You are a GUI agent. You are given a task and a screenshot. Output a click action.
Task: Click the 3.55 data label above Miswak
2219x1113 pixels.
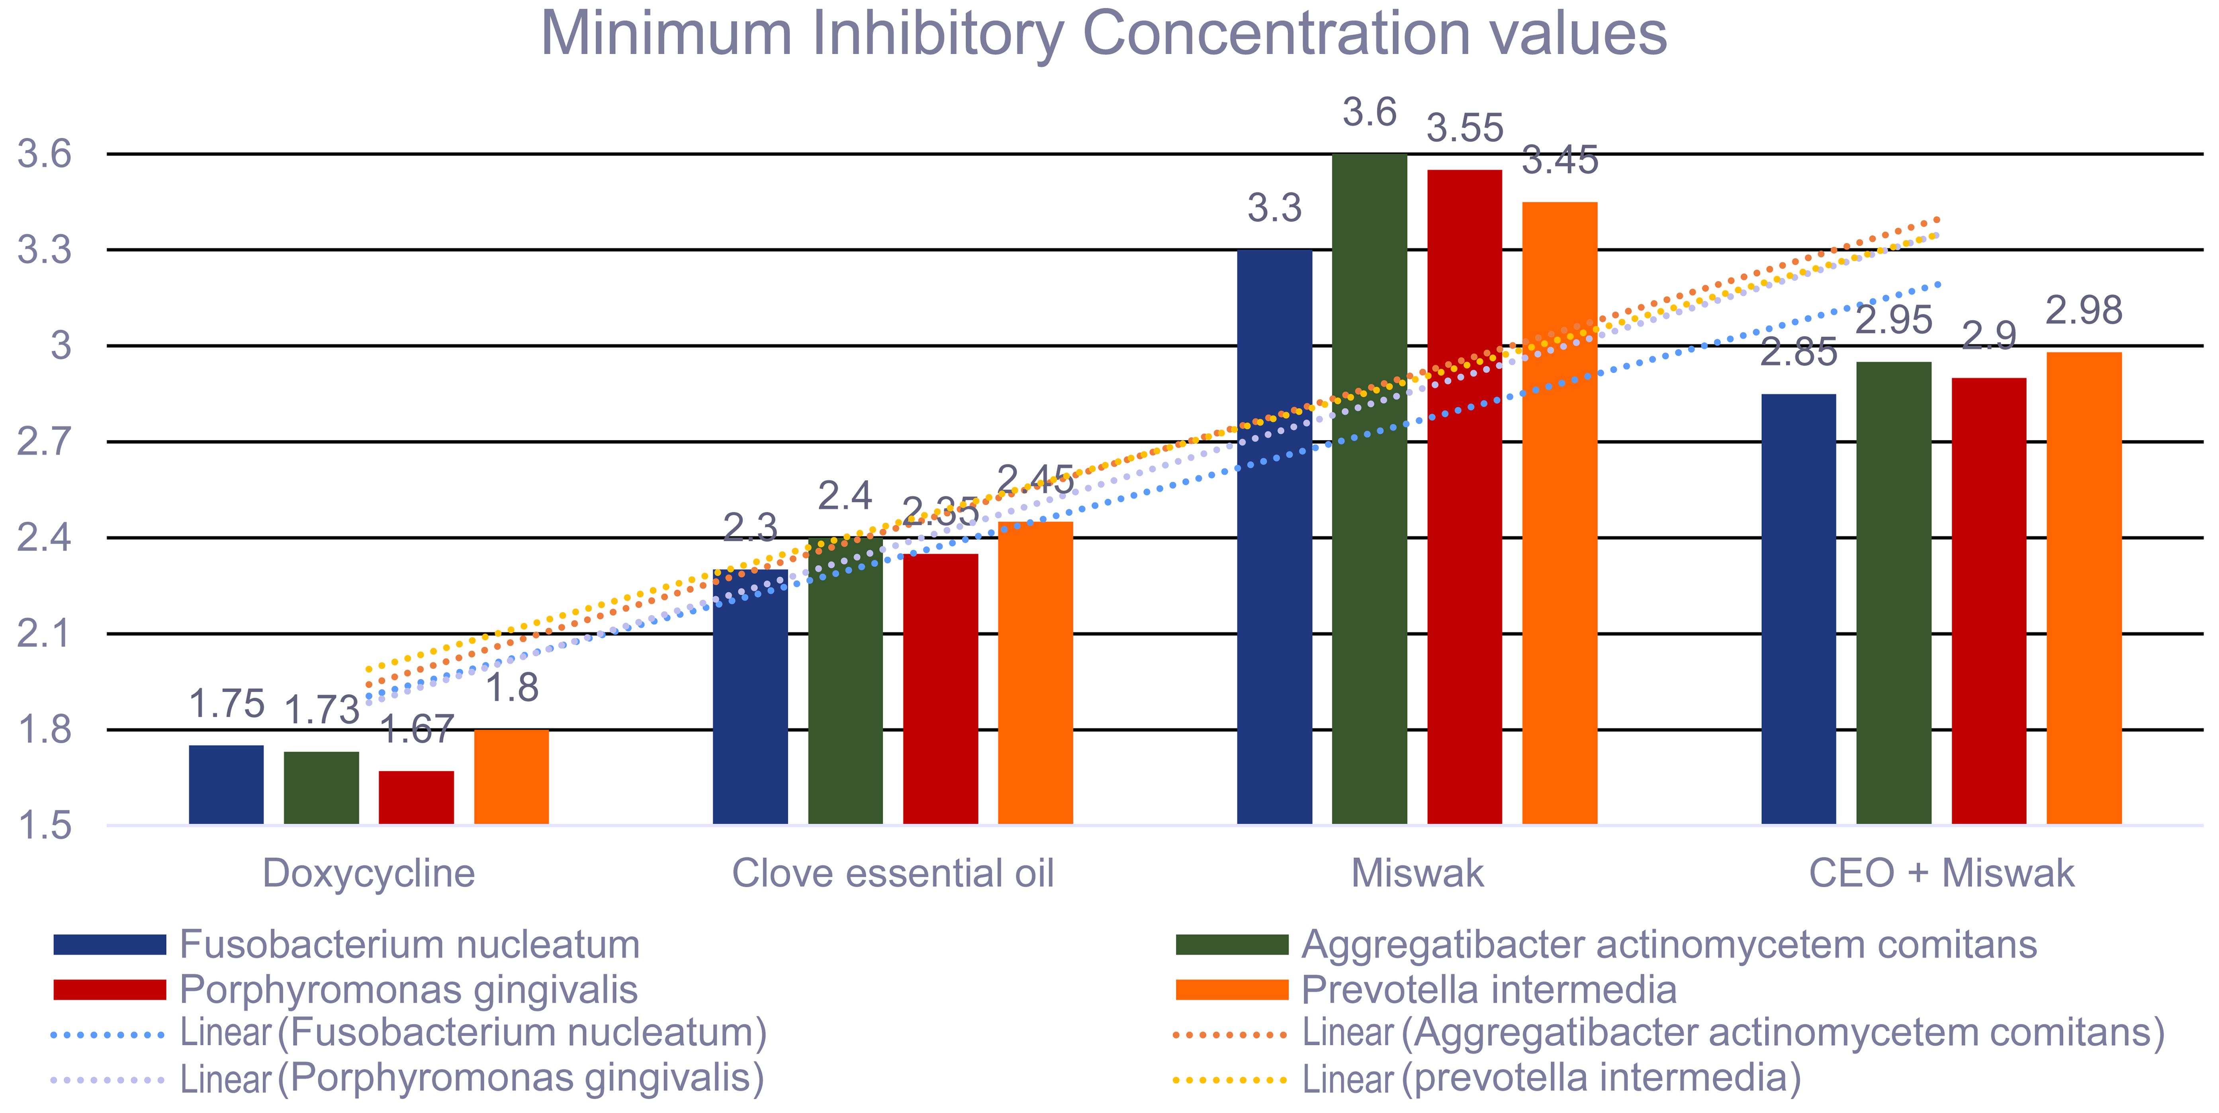pos(1464,129)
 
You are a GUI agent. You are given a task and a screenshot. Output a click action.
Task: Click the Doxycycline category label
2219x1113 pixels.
pos(369,874)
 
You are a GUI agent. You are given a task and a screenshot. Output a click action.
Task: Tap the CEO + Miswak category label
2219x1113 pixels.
pos(1941,874)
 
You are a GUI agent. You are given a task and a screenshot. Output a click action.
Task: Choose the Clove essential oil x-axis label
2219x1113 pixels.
pos(892,874)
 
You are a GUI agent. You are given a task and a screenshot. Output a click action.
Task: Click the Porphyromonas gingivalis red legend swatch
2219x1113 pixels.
pos(110,990)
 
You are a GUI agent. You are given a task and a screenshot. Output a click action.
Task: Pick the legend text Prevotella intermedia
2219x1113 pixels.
pos(1489,990)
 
